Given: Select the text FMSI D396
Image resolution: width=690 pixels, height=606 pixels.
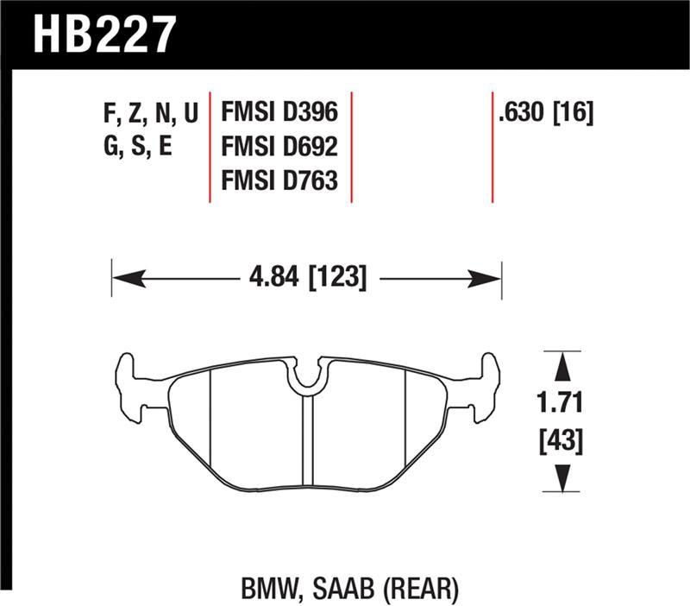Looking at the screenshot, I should [x=279, y=113].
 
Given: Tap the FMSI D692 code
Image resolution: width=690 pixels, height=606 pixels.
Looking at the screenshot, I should [x=279, y=147].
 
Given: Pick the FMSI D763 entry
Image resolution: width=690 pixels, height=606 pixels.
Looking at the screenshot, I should [x=279, y=180].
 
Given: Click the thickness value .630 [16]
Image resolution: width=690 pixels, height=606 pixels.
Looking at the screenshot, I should [x=545, y=113].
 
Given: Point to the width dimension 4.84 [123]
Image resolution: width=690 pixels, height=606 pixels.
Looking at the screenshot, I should [x=307, y=279].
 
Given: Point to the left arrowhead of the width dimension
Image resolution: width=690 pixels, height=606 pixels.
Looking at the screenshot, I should [x=125, y=279].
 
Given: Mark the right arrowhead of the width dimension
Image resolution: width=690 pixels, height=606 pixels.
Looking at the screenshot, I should [x=487, y=279].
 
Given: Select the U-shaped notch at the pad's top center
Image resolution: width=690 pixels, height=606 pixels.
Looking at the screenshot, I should [x=307, y=376].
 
